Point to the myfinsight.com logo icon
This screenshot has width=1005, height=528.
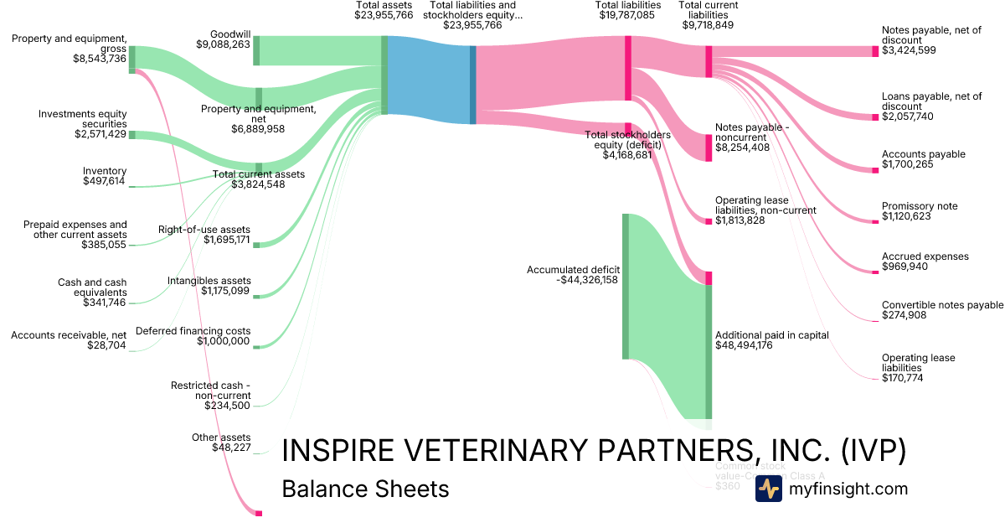coord(768,489)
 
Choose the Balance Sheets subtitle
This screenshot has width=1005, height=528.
coord(365,489)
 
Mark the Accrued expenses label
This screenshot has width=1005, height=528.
coord(925,256)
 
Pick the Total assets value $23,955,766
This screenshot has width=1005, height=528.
coord(384,15)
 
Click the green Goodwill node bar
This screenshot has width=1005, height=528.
coord(256,50)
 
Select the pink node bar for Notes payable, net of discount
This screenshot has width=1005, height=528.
coord(876,51)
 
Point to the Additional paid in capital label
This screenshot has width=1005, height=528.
coord(771,335)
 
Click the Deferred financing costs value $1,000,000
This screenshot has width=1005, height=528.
coord(223,341)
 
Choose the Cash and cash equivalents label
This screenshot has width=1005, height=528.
coord(92,287)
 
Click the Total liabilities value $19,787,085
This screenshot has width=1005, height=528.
coord(628,15)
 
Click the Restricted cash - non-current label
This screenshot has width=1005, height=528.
coord(210,391)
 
